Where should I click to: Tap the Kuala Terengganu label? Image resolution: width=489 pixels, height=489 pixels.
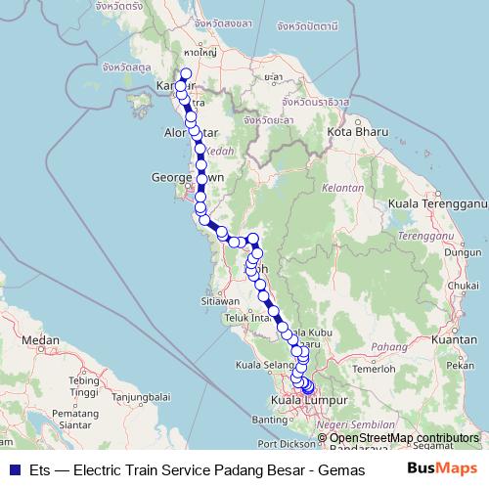[437, 203]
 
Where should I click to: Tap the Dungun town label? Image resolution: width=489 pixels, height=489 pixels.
[457, 251]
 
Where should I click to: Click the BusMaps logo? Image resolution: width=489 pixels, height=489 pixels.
[448, 469]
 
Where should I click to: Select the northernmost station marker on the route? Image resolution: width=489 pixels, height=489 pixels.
[186, 73]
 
